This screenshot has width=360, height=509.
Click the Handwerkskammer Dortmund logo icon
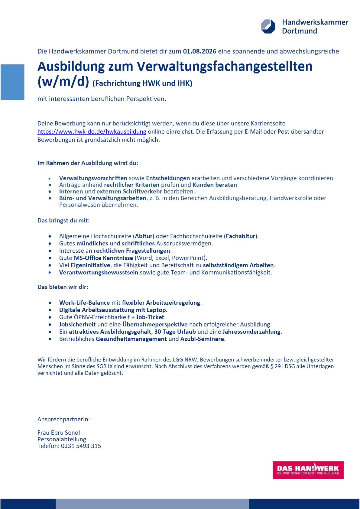click(268, 26)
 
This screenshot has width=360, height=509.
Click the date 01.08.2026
click(199, 51)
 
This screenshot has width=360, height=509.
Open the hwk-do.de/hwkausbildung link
click(92, 131)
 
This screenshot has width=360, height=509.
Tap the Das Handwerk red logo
click(308, 470)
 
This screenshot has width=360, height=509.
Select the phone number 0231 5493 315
click(81, 446)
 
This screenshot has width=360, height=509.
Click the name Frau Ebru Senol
click(59, 433)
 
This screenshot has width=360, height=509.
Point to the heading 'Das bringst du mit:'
click(63, 220)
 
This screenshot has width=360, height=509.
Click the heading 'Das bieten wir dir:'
click(63, 287)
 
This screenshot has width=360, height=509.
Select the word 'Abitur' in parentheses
click(144, 236)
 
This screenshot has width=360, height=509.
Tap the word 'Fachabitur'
click(241, 236)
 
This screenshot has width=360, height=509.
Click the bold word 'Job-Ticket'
click(150, 317)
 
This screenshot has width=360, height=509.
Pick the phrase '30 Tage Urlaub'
click(175, 332)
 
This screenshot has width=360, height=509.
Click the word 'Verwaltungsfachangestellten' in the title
click(225, 66)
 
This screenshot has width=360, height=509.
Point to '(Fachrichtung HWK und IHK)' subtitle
click(142, 83)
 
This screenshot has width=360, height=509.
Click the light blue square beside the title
click(12, 82)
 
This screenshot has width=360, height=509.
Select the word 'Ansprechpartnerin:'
click(64, 419)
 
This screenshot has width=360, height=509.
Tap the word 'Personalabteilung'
click(62, 439)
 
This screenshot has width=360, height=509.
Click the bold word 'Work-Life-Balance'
click(84, 303)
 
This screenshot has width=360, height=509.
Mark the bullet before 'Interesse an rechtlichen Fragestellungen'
click(50, 251)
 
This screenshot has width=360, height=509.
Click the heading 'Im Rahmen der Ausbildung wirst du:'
click(88, 163)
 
